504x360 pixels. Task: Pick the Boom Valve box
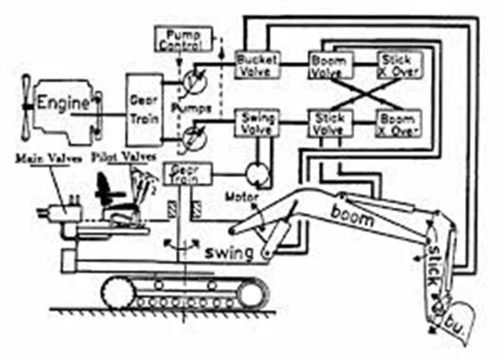point(329,63)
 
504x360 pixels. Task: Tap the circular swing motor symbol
point(255,173)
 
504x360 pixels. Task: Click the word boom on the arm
point(354,212)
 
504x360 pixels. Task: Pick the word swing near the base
point(229,253)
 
